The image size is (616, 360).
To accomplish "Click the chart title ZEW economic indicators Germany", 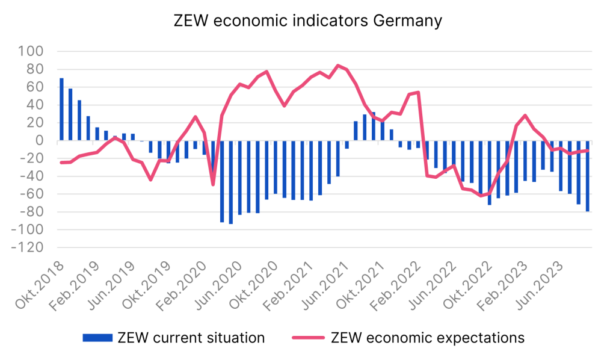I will coord(307,20).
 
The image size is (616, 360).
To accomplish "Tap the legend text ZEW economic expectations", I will coord(428,338).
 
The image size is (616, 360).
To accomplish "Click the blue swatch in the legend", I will coord(97,338).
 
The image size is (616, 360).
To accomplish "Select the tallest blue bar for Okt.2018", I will coord(61,110).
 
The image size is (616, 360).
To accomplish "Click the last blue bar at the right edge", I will coord(587,176).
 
